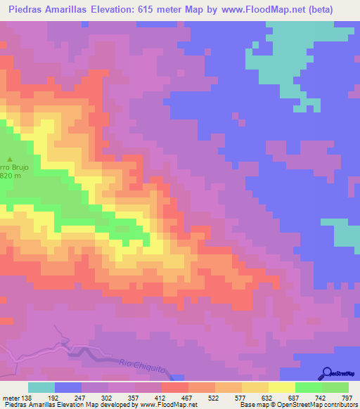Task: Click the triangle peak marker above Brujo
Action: [11, 159]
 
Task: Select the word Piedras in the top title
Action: [20, 9]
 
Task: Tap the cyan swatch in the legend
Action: [41, 387]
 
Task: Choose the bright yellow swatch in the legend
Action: [281, 387]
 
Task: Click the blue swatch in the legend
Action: [67, 387]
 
